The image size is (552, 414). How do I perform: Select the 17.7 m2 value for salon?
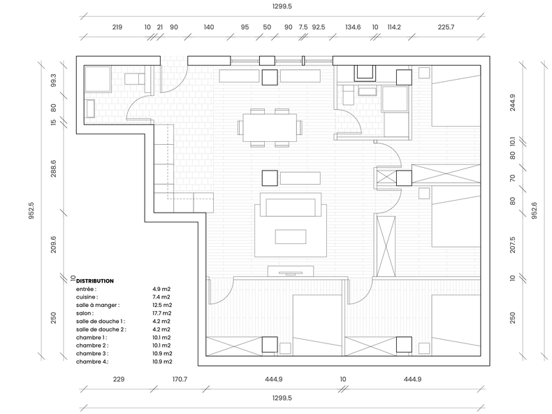[x=162, y=313]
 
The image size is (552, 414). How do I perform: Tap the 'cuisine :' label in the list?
[x=87, y=297]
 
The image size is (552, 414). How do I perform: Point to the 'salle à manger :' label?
[x=98, y=305]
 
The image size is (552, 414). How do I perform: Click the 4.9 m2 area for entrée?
[x=161, y=288]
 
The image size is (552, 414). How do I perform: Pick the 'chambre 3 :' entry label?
[x=92, y=353]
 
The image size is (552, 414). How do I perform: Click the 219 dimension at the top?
[x=117, y=27]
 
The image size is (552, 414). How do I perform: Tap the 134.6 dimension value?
[x=353, y=27]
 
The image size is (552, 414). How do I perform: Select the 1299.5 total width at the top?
[x=282, y=6]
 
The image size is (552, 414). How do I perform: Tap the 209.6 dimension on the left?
[x=53, y=244]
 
